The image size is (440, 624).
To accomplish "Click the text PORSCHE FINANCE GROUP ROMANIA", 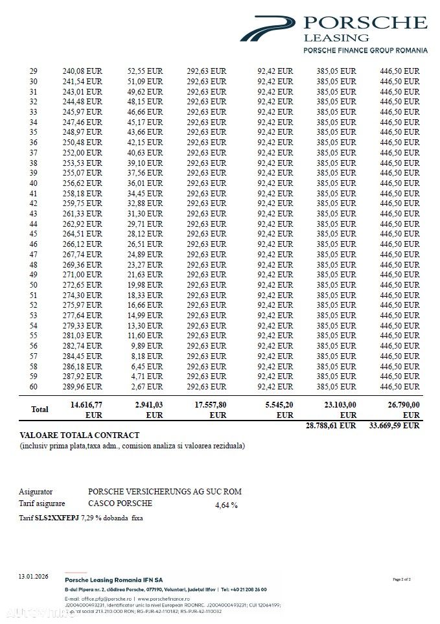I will pyautogui.click(x=365, y=50).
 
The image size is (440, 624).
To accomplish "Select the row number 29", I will pyautogui.click(x=34, y=71).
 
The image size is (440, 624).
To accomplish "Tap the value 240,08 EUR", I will pyautogui.click(x=82, y=71).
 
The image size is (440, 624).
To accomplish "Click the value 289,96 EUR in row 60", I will pyautogui.click(x=82, y=387).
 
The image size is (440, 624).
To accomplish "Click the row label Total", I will pyautogui.click(x=40, y=410).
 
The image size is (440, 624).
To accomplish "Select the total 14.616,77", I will pyautogui.click(x=86, y=404).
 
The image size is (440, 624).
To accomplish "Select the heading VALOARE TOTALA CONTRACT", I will pyautogui.click(x=80, y=435).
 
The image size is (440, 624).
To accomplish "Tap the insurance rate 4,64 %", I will pyautogui.click(x=226, y=505).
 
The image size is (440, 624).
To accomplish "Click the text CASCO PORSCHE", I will pyautogui.click(x=120, y=503).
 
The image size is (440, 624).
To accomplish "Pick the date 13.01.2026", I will pyautogui.click(x=33, y=576).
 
